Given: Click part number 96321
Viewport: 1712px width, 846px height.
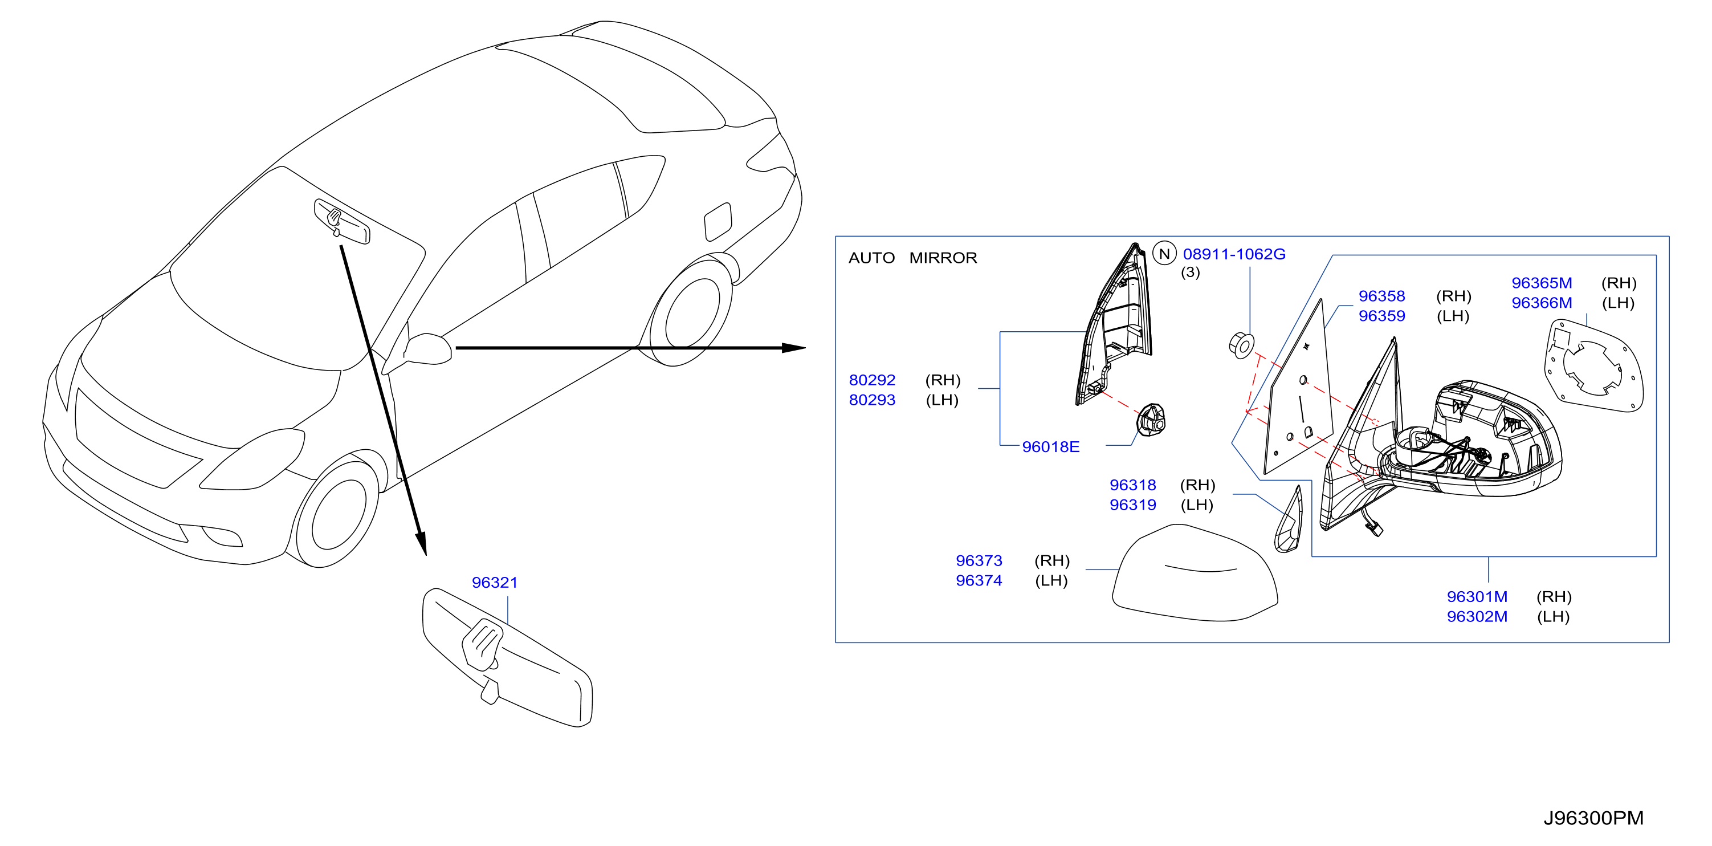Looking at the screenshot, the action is pyautogui.click(x=495, y=582).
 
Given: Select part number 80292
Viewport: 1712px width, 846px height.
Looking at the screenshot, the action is pyautogui.click(x=872, y=380).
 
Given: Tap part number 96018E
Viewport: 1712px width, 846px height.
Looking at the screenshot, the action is pyautogui.click(x=1051, y=446).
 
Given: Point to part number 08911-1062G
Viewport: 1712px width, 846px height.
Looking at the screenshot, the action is pyautogui.click(x=1234, y=254).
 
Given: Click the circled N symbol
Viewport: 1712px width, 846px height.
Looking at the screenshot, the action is pyautogui.click(x=1164, y=253).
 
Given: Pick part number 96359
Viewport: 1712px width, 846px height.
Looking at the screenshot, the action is pyautogui.click(x=1381, y=316).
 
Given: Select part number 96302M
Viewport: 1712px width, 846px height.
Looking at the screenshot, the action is pyautogui.click(x=1477, y=616).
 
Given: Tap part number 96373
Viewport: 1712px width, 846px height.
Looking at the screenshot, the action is pyautogui.click(x=979, y=560).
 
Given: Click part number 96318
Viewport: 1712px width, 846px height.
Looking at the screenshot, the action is pyautogui.click(x=1133, y=485).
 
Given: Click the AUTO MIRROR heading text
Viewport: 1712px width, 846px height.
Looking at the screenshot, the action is pyautogui.click(x=912, y=258).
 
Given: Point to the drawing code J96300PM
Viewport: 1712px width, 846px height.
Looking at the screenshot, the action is pyautogui.click(x=1593, y=817).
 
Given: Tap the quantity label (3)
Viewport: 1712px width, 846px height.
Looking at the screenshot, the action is pyautogui.click(x=1191, y=272).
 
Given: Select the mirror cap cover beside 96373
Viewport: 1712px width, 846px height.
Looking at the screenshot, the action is pyautogui.click(x=1195, y=573).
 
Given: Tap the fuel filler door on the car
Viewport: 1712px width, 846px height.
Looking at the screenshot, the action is pyautogui.click(x=718, y=222).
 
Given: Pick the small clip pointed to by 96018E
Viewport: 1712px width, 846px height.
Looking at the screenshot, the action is pyautogui.click(x=1151, y=420).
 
